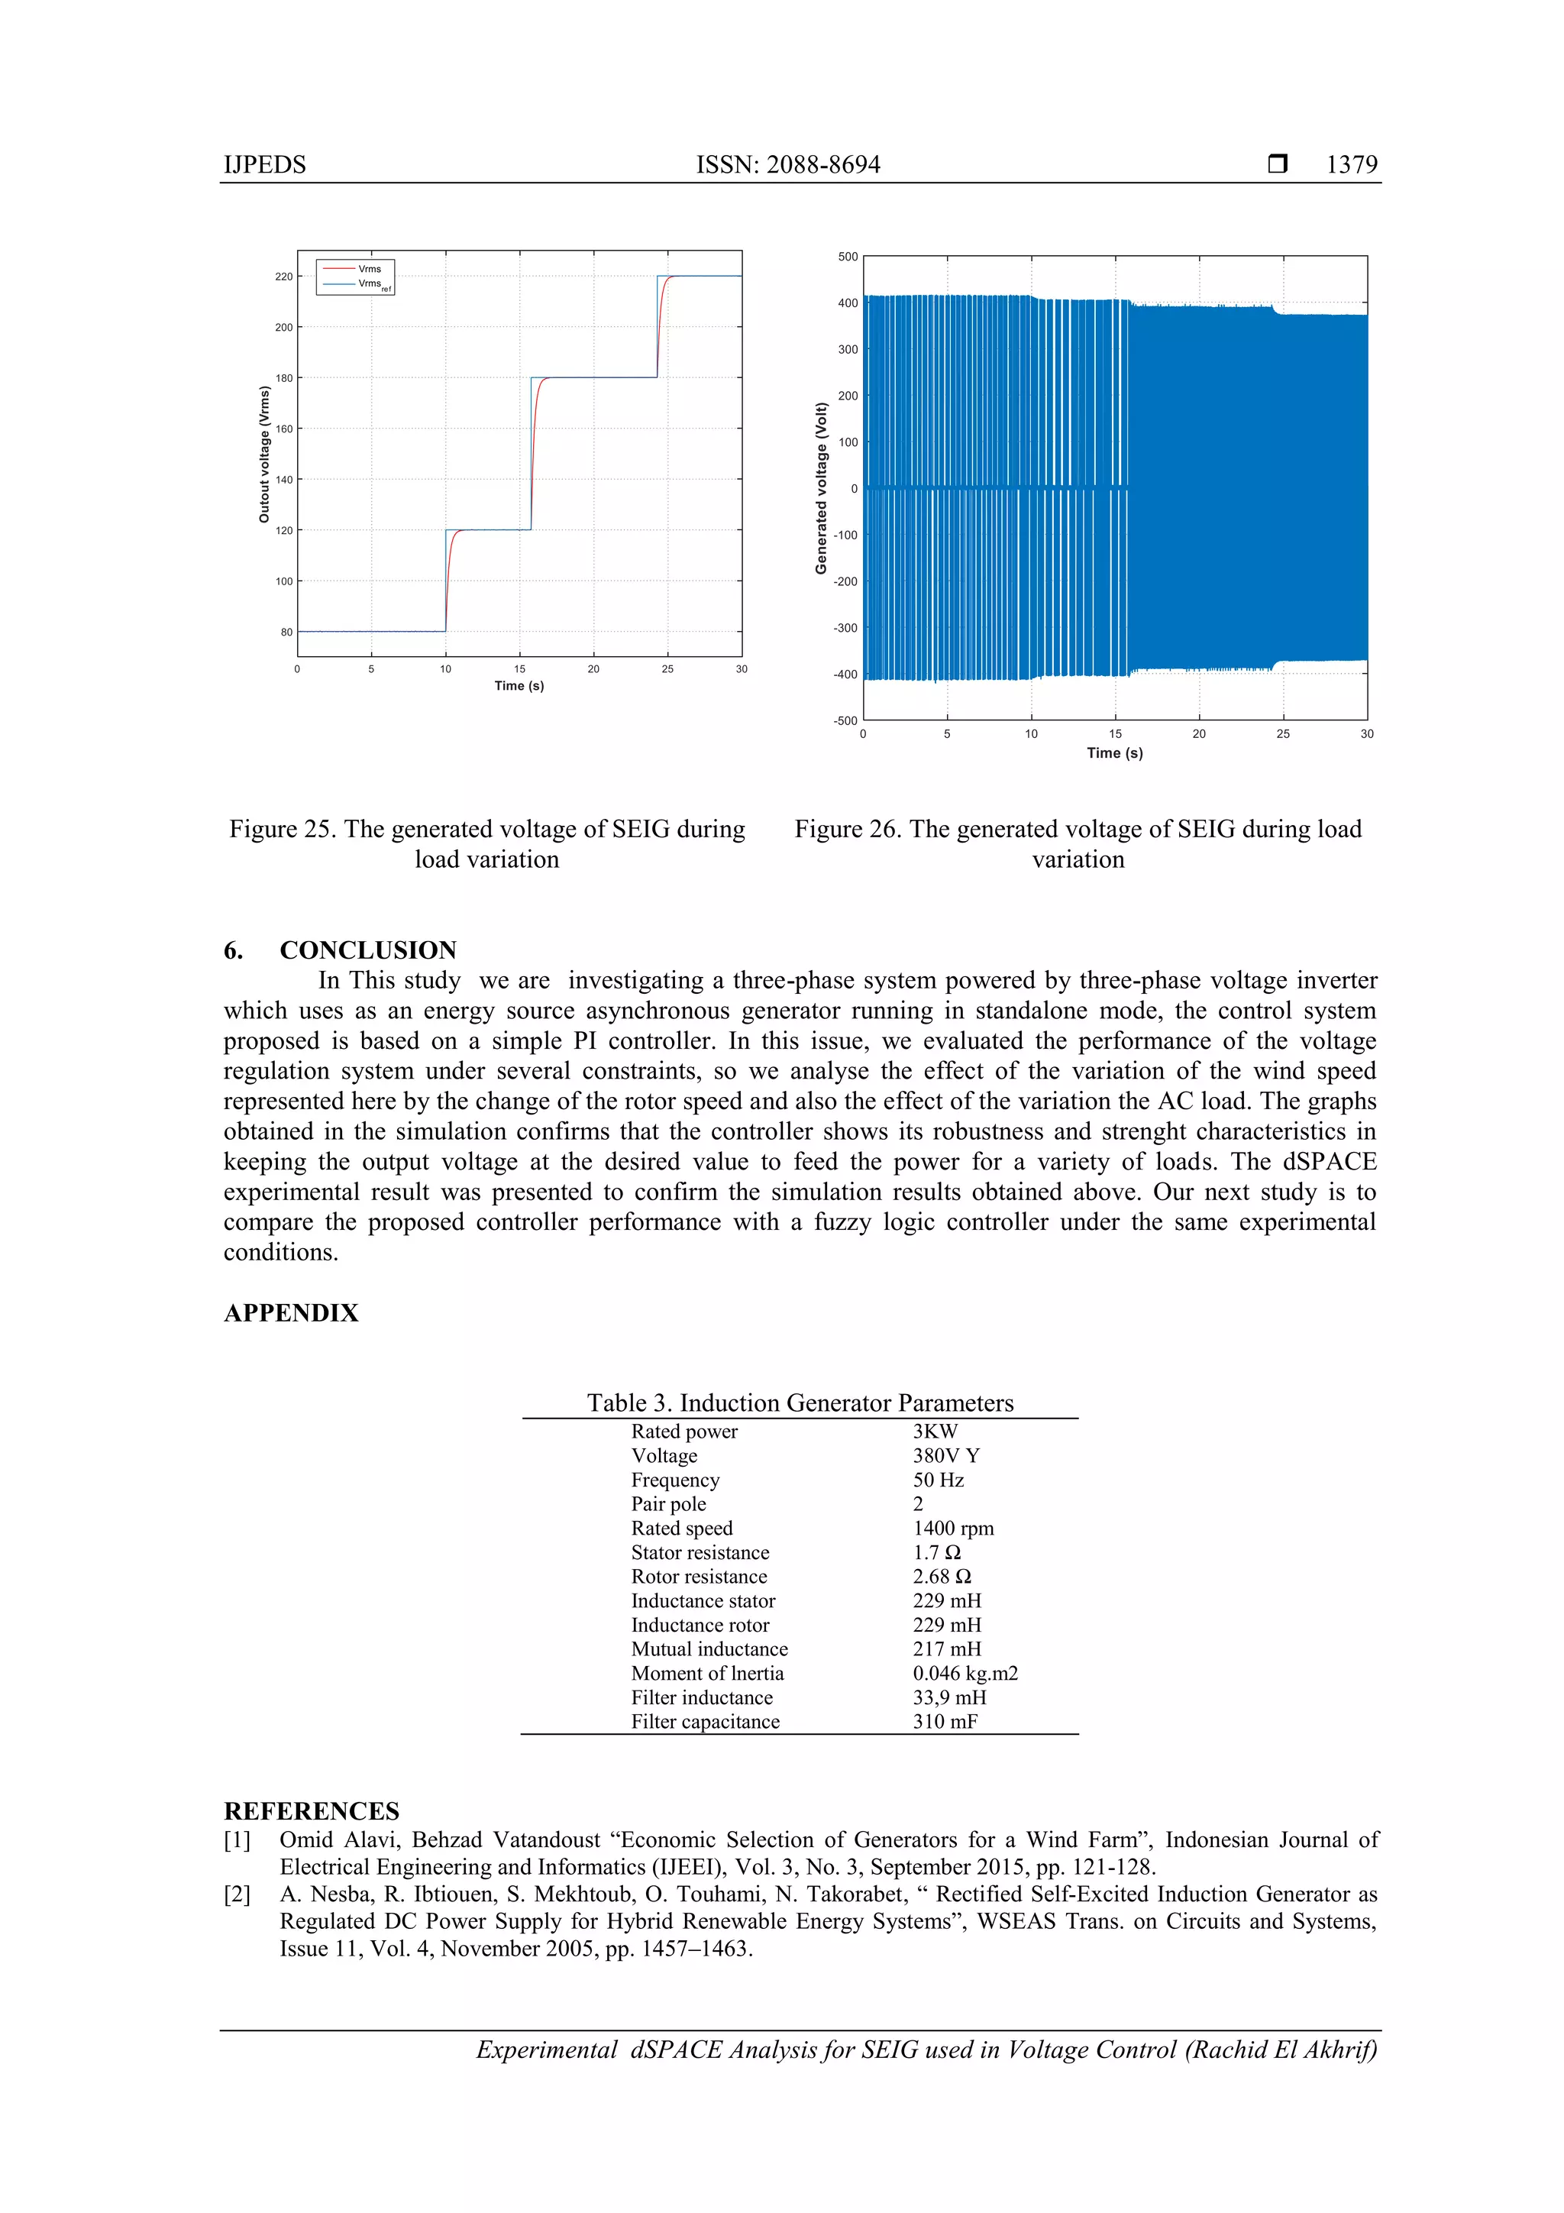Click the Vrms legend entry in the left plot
tap(369, 269)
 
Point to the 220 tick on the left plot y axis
tap(283, 277)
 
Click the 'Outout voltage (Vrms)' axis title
tap(264, 454)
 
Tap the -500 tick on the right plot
tap(845, 720)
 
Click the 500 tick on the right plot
tap(847, 257)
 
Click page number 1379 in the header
tap(1351, 165)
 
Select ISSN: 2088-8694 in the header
tap(787, 165)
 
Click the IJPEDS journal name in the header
tap(264, 165)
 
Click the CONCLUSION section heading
tap(367, 950)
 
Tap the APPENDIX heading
tap(290, 1313)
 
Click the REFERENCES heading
tap(312, 1811)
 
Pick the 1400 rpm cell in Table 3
tap(952, 1529)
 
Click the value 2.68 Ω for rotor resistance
tap(942, 1577)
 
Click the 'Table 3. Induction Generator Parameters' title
tap(800, 1403)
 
